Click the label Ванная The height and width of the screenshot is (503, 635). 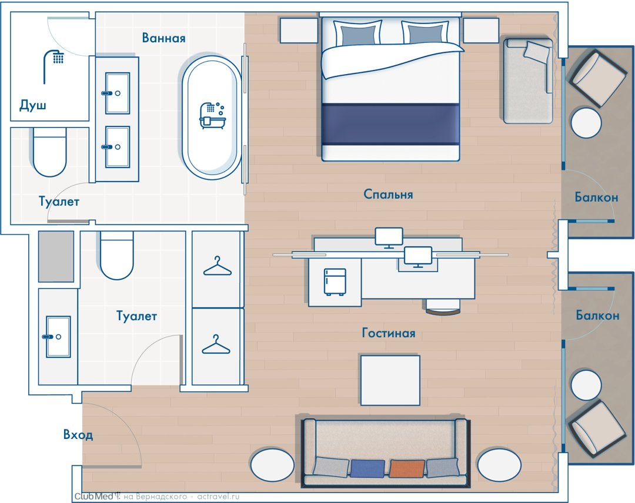tap(163, 38)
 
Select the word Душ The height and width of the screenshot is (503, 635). tap(33, 105)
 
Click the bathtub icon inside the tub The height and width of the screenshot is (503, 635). tap(212, 116)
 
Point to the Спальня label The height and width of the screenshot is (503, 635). tap(389, 195)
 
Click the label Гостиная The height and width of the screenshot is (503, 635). tap(389, 333)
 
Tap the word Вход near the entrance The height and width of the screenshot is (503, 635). tap(78, 435)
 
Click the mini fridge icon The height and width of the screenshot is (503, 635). tap(335, 282)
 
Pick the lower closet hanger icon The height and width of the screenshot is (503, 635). tap(216, 344)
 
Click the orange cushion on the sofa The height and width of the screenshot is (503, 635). tap(407, 468)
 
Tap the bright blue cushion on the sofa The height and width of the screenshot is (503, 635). tap(367, 468)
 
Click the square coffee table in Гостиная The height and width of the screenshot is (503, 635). tap(390, 380)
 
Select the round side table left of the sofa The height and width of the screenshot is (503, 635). tap(272, 465)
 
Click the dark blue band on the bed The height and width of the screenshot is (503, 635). tap(390, 124)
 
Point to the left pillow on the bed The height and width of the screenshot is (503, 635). tap(357, 33)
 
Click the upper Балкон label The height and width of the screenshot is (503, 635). tap(597, 197)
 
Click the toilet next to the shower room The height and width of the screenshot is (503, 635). tap(49, 152)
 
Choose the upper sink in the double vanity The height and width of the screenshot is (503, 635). tap(118, 93)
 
